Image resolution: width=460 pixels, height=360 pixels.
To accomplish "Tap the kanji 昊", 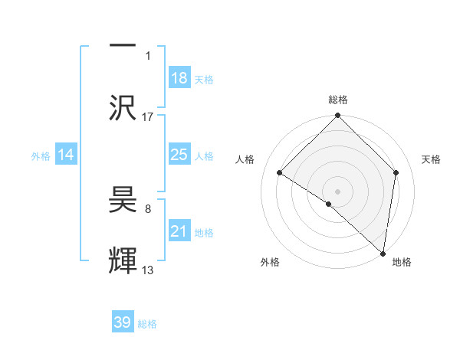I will click(x=123, y=201).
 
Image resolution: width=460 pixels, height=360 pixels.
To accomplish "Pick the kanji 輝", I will click(x=123, y=260).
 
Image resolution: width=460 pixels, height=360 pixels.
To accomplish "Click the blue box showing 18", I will click(x=179, y=78).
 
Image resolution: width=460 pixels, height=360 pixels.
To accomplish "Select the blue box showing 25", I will click(x=179, y=155).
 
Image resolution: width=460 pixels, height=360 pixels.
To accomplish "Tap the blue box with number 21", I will click(x=179, y=232).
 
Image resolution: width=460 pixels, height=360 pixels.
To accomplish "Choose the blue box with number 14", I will click(x=66, y=155).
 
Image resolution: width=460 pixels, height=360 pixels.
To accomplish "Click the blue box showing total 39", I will click(x=123, y=322).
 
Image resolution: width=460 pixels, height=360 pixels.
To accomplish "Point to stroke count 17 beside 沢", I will click(x=148, y=116).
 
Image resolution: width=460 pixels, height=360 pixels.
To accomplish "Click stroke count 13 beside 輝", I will click(x=148, y=270).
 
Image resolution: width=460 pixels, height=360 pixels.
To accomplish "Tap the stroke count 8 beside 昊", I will click(x=148, y=208).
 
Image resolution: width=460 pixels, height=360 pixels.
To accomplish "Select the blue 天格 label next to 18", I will click(x=204, y=79).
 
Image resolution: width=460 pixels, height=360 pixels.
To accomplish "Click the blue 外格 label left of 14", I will click(x=41, y=156).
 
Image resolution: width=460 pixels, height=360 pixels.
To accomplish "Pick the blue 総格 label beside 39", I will click(x=147, y=323).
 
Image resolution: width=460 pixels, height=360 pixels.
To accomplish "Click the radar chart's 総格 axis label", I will click(x=338, y=100).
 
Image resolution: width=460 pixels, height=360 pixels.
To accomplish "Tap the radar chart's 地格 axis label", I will click(x=402, y=262).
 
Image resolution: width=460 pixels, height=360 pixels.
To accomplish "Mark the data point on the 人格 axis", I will click(x=280, y=173).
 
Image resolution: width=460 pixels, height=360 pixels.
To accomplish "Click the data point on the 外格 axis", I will click(x=329, y=204).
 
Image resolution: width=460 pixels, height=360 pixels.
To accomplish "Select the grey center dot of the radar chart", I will click(x=338, y=191).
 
